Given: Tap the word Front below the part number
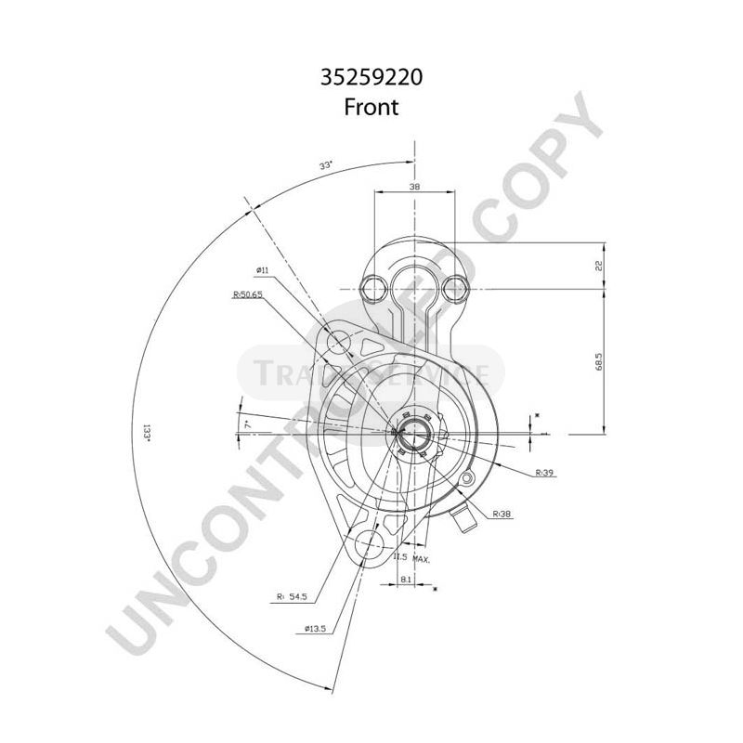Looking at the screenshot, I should (371, 107).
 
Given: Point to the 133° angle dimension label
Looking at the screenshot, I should (146, 433).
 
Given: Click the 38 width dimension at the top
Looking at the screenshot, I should (414, 188).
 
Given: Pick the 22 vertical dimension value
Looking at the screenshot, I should (599, 266).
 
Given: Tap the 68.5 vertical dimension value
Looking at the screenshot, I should (599, 360).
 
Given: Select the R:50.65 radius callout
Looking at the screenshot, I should (249, 294).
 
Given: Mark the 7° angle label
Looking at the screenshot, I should (247, 424).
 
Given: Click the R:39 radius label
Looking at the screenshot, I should (545, 473).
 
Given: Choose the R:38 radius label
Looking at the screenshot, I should (502, 513).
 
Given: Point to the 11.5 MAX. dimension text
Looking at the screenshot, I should (412, 557).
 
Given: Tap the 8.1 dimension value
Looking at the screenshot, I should (406, 579).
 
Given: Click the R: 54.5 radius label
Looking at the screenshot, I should (293, 597).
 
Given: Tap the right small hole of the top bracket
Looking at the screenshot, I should (454, 288).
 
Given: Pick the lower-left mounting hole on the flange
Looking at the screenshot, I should (363, 545).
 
